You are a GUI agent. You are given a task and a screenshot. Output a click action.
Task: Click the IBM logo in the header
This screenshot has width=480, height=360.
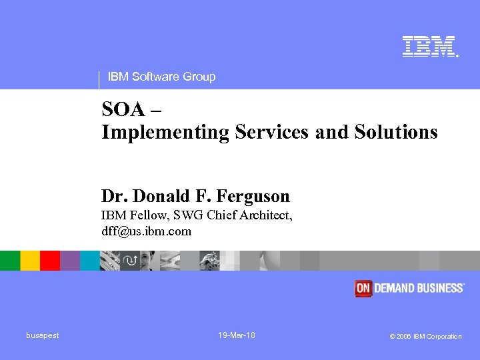coord(429,47)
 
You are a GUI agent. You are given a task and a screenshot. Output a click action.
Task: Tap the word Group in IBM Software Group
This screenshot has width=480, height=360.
coord(199,77)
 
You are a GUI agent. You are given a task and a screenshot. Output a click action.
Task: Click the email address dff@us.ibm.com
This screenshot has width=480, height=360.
coord(146,231)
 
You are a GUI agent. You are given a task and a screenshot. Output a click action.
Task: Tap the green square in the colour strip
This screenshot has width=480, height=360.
coord(10,261)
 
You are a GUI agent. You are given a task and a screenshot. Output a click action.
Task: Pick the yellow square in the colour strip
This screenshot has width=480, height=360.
coord(30,261)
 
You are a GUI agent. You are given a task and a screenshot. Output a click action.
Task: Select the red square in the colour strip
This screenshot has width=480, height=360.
coord(50,261)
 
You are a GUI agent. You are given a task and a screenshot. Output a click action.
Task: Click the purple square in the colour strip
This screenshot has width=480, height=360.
coord(70,261)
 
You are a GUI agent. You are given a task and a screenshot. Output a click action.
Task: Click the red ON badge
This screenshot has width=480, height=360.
coord(363,288)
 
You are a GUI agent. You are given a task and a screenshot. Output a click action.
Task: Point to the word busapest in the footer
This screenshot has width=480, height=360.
coord(43,335)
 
